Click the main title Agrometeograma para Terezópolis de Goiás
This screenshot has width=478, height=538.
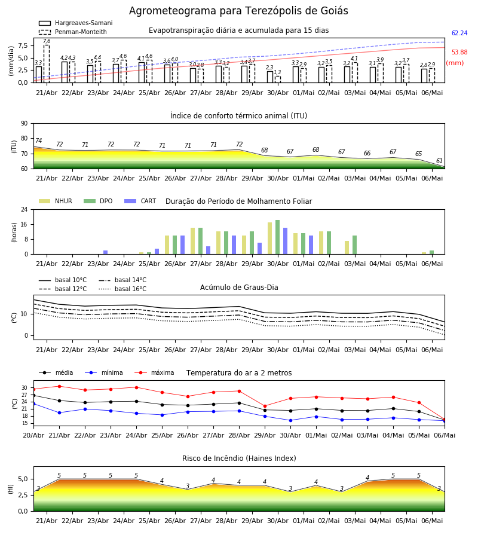point(238,11)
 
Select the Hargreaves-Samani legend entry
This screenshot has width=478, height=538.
point(75,23)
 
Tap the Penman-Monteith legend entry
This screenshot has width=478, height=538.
point(73,32)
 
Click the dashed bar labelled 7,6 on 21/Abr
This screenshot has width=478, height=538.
point(47,64)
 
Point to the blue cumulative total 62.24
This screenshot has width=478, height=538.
point(459,33)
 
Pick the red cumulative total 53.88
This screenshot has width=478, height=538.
point(459,53)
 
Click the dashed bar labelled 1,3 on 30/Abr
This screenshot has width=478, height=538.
point(278,80)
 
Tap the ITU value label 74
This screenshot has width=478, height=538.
point(38,140)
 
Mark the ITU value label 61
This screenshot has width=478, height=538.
point(439,161)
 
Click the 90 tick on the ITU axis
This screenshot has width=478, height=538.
point(24,124)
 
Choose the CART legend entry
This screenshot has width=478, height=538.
point(140,201)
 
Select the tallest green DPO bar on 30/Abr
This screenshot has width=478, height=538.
point(278,237)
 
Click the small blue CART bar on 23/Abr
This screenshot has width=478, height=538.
point(106,252)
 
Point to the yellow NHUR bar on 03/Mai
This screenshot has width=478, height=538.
point(347,247)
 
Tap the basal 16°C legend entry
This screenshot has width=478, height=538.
point(122,289)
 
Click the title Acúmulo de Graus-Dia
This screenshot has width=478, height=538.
point(239,288)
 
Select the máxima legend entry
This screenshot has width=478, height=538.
point(154,372)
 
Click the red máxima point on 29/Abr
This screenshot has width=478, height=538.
point(265,406)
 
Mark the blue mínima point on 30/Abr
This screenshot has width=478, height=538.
point(291,420)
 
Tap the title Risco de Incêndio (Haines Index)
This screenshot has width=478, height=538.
point(239,458)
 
